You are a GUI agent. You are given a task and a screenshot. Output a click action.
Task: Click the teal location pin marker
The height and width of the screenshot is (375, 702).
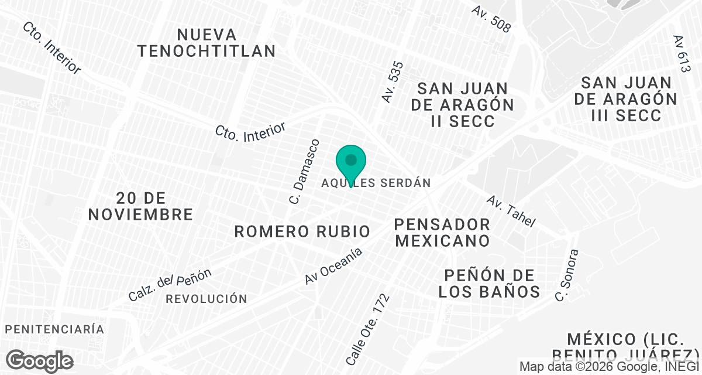(350, 162)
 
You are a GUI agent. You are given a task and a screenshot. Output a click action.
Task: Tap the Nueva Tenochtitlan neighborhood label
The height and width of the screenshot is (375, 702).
(207, 43)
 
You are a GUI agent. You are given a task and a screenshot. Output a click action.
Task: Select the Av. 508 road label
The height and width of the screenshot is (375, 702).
(491, 19)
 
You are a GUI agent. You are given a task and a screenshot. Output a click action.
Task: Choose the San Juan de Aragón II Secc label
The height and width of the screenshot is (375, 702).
(462, 105)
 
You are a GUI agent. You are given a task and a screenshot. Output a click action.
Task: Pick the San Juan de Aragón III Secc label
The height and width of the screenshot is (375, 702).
(625, 98)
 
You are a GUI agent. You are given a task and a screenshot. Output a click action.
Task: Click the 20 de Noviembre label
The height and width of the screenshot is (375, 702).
(140, 206)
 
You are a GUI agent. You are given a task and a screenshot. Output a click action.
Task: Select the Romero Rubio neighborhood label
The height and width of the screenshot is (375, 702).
(302, 231)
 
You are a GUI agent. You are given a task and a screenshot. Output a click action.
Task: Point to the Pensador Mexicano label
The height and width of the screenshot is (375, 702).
(442, 232)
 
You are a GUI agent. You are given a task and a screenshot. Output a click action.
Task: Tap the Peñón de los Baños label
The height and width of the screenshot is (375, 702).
(489, 283)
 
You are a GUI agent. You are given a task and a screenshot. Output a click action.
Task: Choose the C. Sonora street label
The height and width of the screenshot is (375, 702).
(567, 275)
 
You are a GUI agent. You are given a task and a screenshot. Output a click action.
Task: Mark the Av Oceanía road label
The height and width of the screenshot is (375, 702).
(333, 266)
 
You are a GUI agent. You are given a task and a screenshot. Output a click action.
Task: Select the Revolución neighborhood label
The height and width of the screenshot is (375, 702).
(207, 299)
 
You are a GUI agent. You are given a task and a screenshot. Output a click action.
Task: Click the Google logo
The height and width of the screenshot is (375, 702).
(40, 360)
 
